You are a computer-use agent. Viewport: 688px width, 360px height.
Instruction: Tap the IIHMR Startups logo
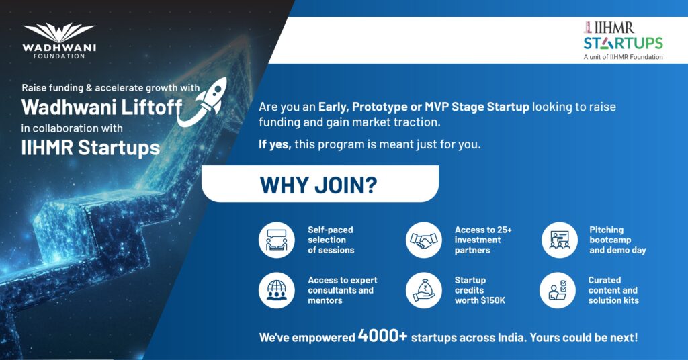[623, 40]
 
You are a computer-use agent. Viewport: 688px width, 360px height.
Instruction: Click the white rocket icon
[202, 101]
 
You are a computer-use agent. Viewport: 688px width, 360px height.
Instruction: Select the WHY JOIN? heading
[318, 185]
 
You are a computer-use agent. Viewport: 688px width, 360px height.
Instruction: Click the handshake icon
[423, 240]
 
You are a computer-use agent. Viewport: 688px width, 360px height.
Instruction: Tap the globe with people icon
[276, 290]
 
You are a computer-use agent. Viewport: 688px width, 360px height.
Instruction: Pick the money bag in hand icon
[423, 290]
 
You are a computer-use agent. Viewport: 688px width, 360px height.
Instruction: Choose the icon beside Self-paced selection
[276, 240]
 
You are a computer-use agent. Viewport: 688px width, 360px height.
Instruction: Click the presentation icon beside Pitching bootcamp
[560, 240]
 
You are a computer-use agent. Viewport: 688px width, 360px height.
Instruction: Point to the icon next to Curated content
[558, 290]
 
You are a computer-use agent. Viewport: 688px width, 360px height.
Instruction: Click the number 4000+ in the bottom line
[382, 336]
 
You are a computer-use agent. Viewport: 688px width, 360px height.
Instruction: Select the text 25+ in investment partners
[505, 230]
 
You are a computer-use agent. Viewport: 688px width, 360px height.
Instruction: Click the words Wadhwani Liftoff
[102, 107]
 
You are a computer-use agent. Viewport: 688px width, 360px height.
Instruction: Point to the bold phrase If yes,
[275, 144]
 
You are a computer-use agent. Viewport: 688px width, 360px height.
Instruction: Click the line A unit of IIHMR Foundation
[623, 57]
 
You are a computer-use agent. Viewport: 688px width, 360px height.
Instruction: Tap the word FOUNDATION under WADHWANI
[59, 56]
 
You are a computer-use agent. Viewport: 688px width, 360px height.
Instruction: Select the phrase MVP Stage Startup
[476, 107]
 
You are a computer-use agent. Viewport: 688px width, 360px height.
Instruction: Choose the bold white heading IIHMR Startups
[91, 148]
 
